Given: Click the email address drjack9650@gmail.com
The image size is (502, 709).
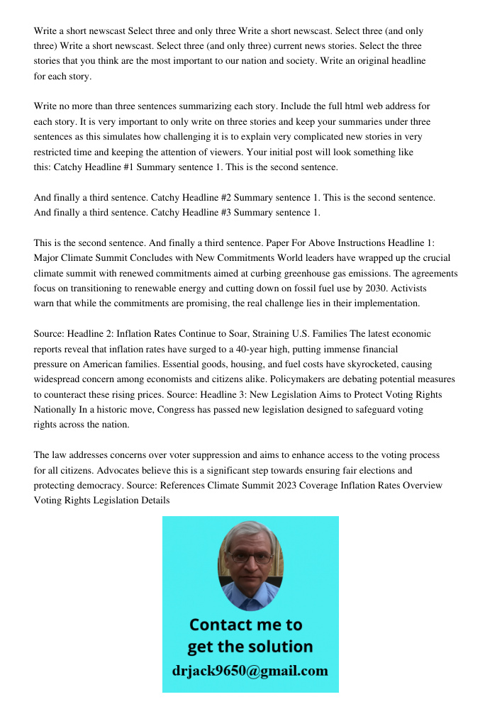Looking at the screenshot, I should pos(250,670).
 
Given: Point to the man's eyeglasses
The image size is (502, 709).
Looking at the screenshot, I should pos(250,557).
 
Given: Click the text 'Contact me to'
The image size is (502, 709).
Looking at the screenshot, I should pos(245,625).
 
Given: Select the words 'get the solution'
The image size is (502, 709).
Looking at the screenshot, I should pos(250,647).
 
